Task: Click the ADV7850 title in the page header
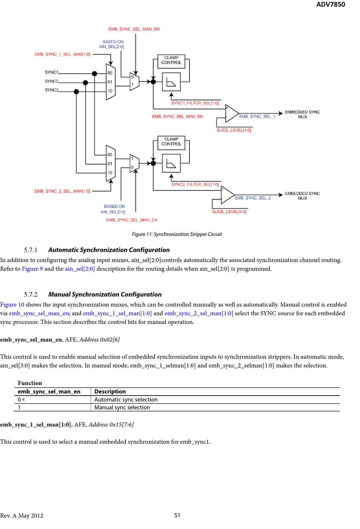click(330, 5)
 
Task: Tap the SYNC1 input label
click(52, 72)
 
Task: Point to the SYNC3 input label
click(52, 90)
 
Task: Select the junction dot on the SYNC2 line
click(85, 82)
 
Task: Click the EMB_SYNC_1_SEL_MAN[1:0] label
click(62, 54)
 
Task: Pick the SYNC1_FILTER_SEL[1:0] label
click(195, 103)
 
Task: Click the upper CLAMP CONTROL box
click(171, 60)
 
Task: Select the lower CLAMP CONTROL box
click(171, 142)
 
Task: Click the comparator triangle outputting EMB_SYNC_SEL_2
click(227, 195)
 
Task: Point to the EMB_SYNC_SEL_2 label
click(253, 198)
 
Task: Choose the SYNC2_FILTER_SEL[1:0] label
click(195, 185)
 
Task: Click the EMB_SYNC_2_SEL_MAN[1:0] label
click(62, 191)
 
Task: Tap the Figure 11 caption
click(177, 234)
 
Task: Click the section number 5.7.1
click(31, 250)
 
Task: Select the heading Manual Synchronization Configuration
click(105, 294)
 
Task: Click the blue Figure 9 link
click(32, 269)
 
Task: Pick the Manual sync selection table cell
click(122, 407)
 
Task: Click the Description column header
click(110, 391)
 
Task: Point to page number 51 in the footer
click(177, 515)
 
